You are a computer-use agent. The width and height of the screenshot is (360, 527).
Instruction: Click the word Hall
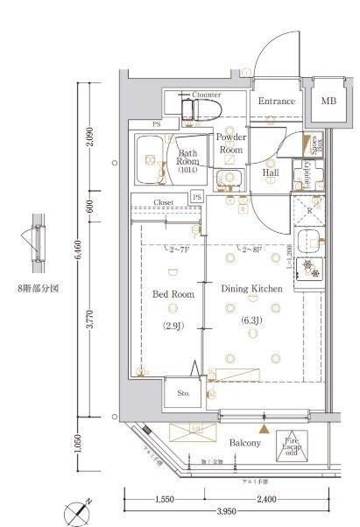click(x=271, y=172)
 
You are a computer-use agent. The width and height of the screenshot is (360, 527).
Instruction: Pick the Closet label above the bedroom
click(x=164, y=202)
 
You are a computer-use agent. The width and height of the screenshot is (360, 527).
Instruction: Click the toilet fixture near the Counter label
click(x=198, y=109)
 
